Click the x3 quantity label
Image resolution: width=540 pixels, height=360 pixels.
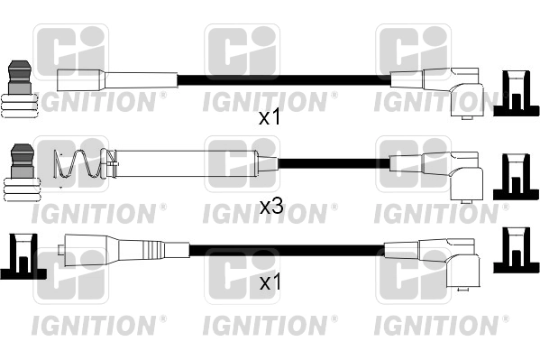click(271, 207)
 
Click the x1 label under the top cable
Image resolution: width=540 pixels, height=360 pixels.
click(270, 118)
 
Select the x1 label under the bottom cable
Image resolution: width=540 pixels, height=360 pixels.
click(270, 282)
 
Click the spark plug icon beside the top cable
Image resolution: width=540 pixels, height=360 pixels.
click(20, 89)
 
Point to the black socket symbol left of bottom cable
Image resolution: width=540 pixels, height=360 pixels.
click(23, 256)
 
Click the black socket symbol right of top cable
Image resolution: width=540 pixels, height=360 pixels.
click(516, 93)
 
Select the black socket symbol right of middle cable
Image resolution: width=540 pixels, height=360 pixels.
click(515, 177)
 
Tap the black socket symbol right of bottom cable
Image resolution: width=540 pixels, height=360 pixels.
click(516, 250)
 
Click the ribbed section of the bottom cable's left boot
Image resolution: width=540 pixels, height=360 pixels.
click(152, 249)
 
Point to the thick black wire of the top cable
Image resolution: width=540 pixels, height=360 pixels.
click(284, 80)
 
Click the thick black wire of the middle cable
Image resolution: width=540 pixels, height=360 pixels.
click(334, 163)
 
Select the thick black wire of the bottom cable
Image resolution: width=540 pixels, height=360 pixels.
click(287, 250)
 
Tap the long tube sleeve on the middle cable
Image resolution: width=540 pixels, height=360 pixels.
click(186, 164)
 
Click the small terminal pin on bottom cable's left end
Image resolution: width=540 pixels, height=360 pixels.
click(61, 250)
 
